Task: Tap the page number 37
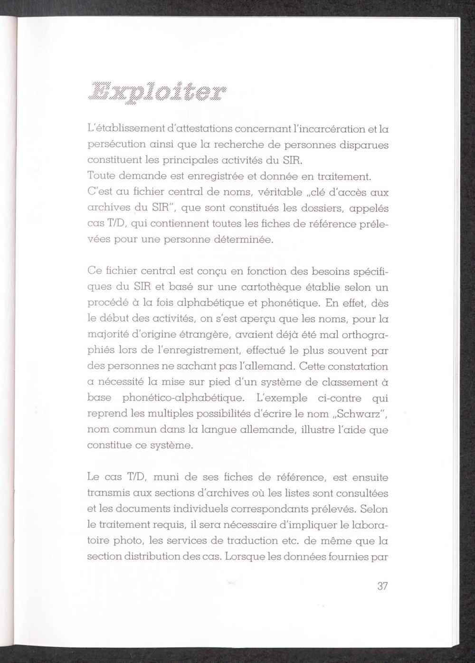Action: click(x=383, y=586)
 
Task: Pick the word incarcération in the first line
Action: click(x=325, y=129)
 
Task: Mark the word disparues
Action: click(x=364, y=145)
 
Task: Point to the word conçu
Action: click(x=211, y=272)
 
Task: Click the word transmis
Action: click(x=105, y=493)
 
